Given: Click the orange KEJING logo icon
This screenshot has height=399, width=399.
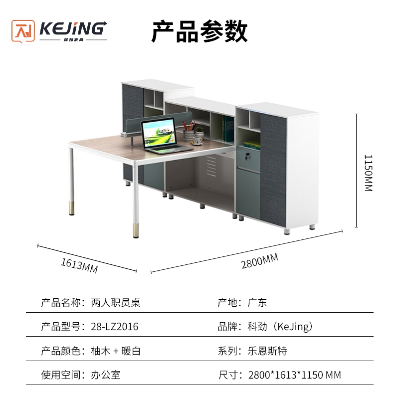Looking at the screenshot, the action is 23,31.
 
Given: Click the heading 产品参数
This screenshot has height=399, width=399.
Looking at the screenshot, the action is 200,31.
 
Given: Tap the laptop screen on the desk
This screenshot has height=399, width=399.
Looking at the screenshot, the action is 159,133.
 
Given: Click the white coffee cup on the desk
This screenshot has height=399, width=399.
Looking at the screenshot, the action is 197,140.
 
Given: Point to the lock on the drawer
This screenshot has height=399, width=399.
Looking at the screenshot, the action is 246,156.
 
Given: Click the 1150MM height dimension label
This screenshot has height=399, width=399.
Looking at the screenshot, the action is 369,173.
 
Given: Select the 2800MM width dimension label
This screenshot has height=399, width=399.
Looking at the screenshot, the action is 259,261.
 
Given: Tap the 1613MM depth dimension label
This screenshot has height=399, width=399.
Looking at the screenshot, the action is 79,266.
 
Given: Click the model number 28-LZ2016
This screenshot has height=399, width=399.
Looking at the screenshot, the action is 115,327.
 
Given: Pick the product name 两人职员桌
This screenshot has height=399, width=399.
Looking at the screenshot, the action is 116,303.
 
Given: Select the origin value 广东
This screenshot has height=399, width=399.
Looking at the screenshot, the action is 257,303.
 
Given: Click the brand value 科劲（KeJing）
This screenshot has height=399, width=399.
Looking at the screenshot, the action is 280,327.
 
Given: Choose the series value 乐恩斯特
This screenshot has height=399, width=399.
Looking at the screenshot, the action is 267,351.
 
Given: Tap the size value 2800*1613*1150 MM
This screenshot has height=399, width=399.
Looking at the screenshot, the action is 294,375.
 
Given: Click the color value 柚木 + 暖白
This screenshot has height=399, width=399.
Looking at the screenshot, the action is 116,351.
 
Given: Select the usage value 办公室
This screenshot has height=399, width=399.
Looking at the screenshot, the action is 106,375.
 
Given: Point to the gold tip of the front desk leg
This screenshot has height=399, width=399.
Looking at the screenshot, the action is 136,230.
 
